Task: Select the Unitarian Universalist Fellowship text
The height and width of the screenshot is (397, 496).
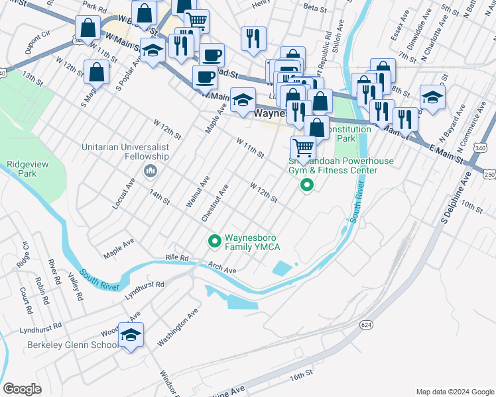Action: tap(125, 152)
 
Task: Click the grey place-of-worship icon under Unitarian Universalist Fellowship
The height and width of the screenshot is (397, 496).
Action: tap(150, 172)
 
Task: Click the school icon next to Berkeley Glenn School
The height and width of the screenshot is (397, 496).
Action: tap(131, 337)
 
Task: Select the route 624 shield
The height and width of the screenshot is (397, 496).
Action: tap(366, 325)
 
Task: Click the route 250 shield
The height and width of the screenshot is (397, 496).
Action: tap(489, 174)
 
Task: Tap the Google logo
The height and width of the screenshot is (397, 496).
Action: tap(23, 389)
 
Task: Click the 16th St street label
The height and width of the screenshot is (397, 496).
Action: tap(300, 376)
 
